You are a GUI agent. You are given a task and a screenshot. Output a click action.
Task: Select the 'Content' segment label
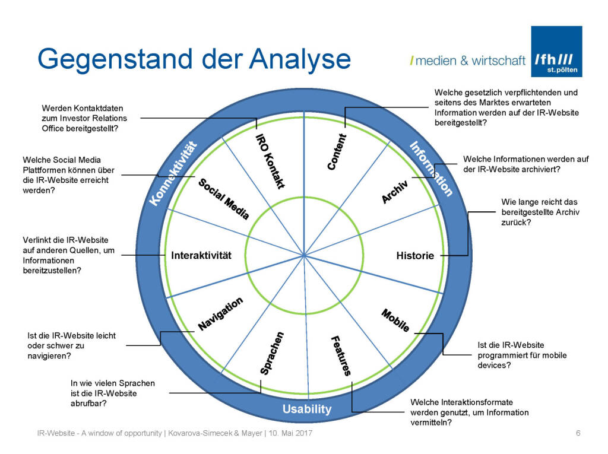pyautogui.click(x=337, y=152)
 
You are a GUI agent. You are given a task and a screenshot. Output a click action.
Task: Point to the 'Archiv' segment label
pyautogui.click(x=394, y=191)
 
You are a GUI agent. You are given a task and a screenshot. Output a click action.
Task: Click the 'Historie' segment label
pyautogui.click(x=415, y=256)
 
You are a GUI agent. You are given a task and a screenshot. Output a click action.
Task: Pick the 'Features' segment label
pyautogui.click(x=340, y=355)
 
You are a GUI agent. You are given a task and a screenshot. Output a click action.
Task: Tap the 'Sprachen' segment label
pyautogui.click(x=273, y=354)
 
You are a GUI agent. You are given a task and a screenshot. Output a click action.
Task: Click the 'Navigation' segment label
pyautogui.click(x=220, y=313)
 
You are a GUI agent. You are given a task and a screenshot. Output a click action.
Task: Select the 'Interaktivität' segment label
pyautogui.click(x=201, y=256)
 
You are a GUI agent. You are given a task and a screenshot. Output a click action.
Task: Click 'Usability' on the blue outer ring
pyautogui.click(x=307, y=409)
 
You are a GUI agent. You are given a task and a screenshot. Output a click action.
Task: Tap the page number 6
pyautogui.click(x=578, y=434)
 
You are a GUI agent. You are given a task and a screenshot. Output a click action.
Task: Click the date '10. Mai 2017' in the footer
pyautogui.click(x=287, y=434)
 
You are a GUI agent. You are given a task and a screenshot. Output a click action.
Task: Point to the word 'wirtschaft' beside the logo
pyautogui.click(x=499, y=61)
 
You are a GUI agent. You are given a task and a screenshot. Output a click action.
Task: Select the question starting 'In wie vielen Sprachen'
pyautogui.click(x=112, y=393)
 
